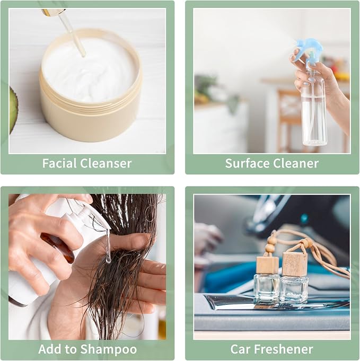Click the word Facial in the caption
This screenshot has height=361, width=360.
[x=59, y=163]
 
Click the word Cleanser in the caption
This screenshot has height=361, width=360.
[x=106, y=163]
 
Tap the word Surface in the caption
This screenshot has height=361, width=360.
[x=247, y=163]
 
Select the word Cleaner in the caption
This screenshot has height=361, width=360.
[x=296, y=163]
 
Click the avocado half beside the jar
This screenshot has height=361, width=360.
[x=13, y=110]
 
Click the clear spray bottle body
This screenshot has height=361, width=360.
[x=313, y=108]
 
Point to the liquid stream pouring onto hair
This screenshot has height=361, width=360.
[x=108, y=246]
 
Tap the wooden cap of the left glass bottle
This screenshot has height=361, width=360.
[x=268, y=265]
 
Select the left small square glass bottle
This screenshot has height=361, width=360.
[x=267, y=287]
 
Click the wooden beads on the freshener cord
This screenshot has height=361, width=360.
[x=269, y=245]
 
